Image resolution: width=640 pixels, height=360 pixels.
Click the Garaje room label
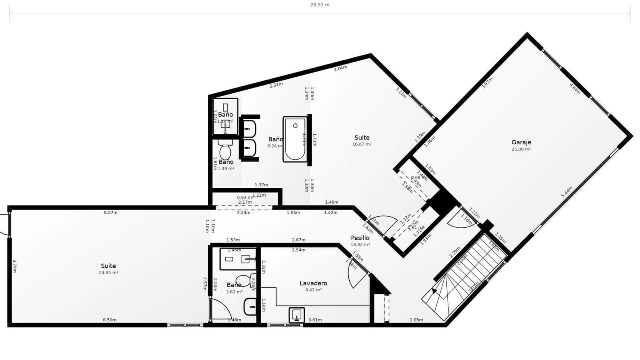(x=521, y=142)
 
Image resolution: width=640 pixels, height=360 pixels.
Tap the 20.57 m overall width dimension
(x=320, y=5)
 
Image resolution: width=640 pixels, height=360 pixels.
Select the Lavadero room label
(x=313, y=283)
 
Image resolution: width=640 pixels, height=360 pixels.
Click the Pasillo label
(x=360, y=238)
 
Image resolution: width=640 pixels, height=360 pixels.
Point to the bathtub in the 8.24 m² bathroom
(x=295, y=139)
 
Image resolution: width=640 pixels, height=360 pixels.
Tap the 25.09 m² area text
(x=521, y=149)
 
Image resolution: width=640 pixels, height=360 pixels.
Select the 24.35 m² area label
(x=108, y=273)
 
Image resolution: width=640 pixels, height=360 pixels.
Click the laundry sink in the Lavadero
(x=296, y=315)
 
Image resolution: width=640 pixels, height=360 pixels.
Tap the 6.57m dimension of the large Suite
(x=111, y=213)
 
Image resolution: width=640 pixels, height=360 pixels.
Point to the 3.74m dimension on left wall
(x=14, y=266)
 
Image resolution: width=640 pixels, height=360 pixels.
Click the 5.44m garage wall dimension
(x=567, y=192)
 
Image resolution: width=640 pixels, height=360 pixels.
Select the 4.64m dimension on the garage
(x=575, y=88)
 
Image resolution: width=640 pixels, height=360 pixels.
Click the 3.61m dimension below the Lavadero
(x=315, y=320)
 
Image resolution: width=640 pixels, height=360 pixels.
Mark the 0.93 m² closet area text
(x=245, y=198)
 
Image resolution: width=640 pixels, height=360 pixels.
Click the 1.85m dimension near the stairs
(x=416, y=320)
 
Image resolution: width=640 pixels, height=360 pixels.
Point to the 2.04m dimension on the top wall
(x=340, y=68)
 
